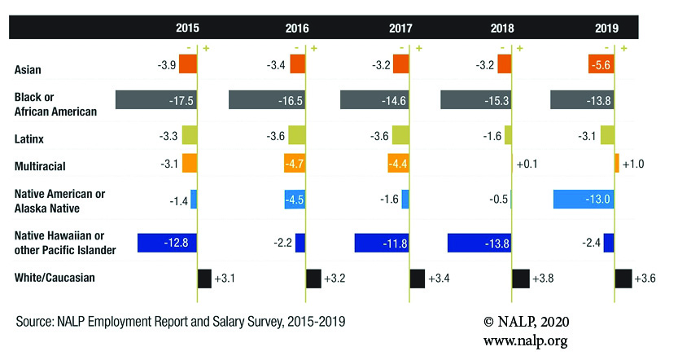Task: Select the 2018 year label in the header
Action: click(503, 28)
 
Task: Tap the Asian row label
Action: click(28, 69)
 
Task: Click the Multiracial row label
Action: click(41, 166)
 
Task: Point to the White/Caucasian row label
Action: click(55, 278)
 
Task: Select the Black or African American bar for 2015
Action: click(156, 99)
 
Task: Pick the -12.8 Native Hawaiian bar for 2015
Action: click(167, 243)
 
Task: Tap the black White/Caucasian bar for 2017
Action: click(417, 279)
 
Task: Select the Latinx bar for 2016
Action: click(296, 135)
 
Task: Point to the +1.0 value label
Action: click(634, 164)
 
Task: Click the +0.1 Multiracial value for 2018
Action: click(527, 164)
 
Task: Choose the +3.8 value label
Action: click(543, 279)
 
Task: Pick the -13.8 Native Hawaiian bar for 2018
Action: click(479, 243)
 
